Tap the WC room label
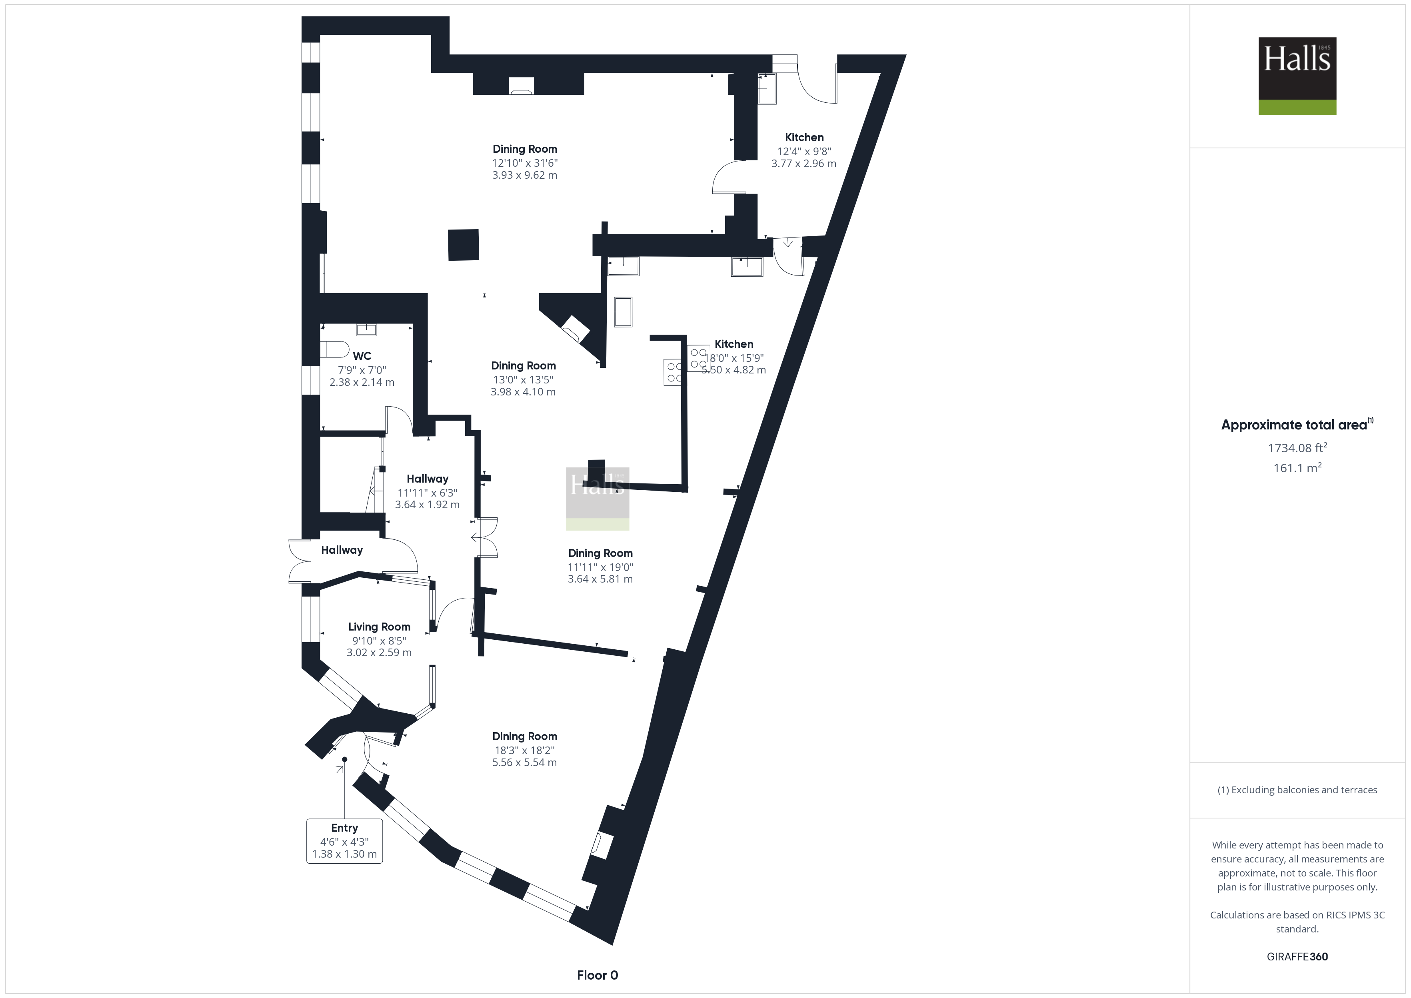point(362,356)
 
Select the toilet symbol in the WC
point(334,349)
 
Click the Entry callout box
point(344,841)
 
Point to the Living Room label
point(379,627)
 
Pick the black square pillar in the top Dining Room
point(464,245)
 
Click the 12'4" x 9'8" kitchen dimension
point(804,151)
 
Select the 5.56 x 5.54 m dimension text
point(524,762)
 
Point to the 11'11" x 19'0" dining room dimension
point(600,567)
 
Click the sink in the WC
point(367,329)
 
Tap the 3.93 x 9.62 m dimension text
point(524,175)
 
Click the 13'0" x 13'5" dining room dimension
point(523,380)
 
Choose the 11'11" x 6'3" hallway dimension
point(427,493)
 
